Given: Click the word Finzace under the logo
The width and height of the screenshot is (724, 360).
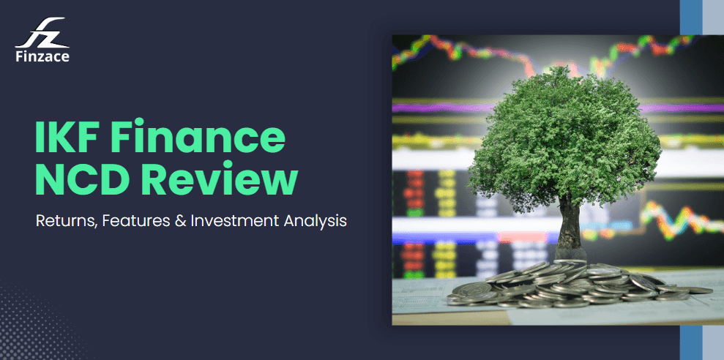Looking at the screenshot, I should tap(42, 56).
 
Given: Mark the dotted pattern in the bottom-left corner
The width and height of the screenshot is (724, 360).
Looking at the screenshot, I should tap(29, 329).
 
